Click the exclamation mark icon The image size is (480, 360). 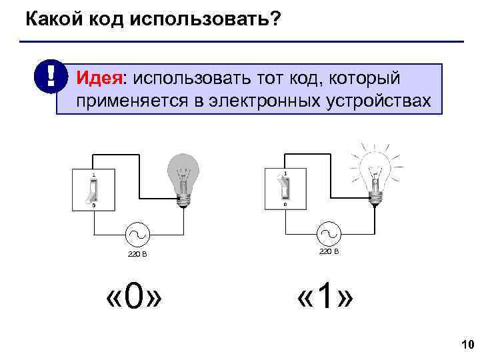pos(51,79)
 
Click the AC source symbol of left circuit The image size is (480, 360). pos(138,235)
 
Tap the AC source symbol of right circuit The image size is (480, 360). pos(329,233)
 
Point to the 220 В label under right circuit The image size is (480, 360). pos(329,251)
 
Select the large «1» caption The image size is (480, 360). pos(326,295)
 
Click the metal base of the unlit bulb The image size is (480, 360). pos(183,197)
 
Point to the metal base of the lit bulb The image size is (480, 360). pos(376,196)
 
